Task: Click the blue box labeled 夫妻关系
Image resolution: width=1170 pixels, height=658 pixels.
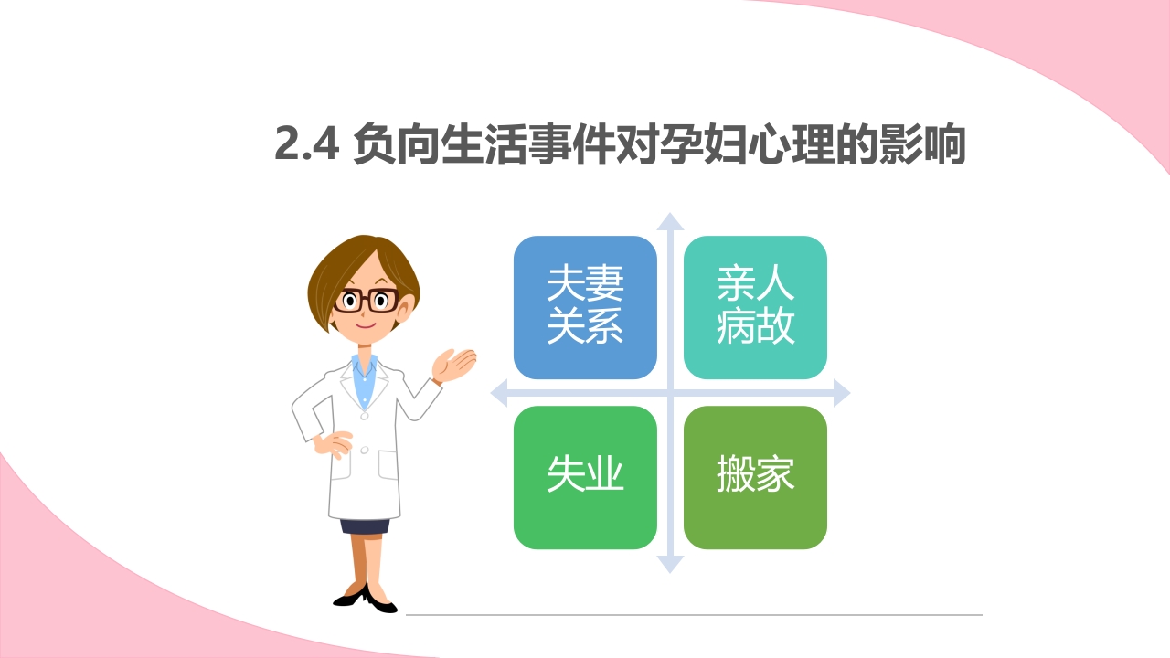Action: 585,307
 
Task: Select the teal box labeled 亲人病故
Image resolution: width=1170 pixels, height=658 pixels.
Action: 755,307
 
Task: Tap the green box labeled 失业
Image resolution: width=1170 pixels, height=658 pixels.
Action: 585,477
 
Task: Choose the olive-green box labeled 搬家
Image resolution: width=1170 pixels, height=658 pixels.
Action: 755,477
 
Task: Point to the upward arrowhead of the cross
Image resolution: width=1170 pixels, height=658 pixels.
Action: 670,222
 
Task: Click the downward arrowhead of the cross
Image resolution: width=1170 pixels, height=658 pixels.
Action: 670,564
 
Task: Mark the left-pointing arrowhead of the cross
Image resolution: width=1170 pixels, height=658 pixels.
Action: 500,394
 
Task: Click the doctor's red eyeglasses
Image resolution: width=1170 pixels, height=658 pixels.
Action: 366,300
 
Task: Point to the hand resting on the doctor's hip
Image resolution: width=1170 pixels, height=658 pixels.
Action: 333,445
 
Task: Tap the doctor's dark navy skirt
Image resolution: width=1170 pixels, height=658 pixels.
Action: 365,525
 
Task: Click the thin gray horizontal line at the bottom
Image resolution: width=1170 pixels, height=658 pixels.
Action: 695,615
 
